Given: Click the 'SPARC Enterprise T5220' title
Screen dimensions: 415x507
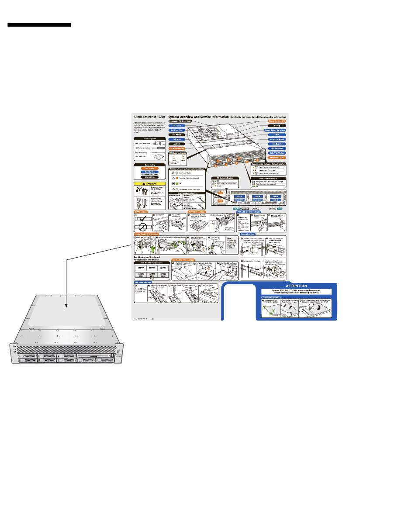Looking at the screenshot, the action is tap(149, 117).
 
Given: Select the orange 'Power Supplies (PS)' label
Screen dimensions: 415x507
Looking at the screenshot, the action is tap(275, 121).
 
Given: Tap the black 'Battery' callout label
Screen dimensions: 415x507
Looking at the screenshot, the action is tap(277, 126).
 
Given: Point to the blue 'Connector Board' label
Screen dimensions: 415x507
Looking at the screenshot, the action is tap(275, 139).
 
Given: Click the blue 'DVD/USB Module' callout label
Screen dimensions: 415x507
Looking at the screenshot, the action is tap(275, 153).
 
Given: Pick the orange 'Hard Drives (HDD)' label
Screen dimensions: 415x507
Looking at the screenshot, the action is tap(275, 157).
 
